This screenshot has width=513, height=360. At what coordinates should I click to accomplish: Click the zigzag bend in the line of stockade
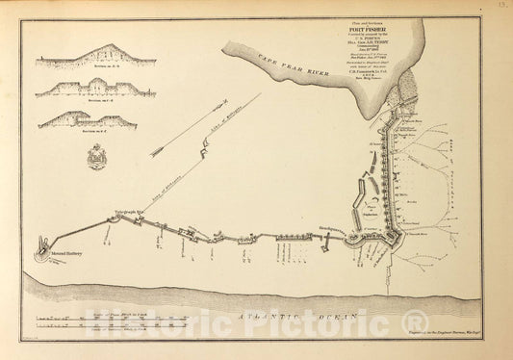(x=205, y=148)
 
